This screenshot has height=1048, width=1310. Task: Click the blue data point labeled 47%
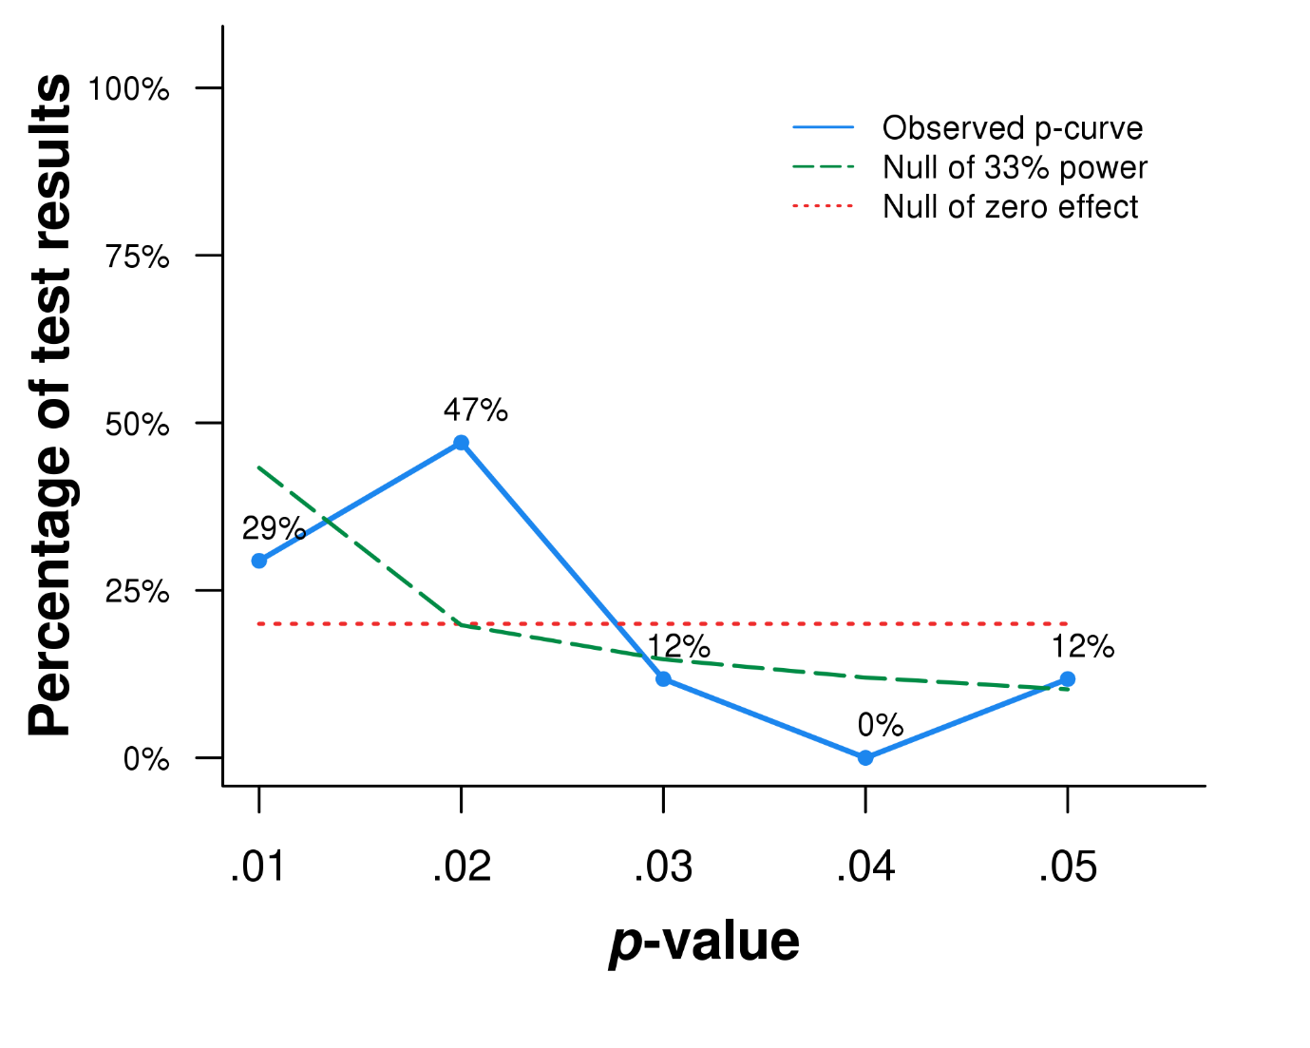pyautogui.click(x=461, y=443)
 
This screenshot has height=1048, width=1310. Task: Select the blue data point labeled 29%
pyautogui.click(x=259, y=561)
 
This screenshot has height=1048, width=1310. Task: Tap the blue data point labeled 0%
pyautogui.click(x=865, y=757)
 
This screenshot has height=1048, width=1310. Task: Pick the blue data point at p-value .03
pyautogui.click(x=663, y=678)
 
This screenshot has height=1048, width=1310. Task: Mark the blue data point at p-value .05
pyautogui.click(x=1068, y=678)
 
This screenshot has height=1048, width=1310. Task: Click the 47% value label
pyautogui.click(x=475, y=410)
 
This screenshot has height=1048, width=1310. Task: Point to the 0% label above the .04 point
pyautogui.click(x=880, y=725)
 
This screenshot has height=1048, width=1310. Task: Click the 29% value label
pyautogui.click(x=274, y=528)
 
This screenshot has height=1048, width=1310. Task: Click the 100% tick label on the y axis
pyautogui.click(x=128, y=89)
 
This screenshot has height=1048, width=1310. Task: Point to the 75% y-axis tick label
pyautogui.click(x=138, y=257)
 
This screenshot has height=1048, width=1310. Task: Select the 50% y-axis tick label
pyautogui.click(x=138, y=424)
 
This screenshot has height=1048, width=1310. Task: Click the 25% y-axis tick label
pyautogui.click(x=138, y=592)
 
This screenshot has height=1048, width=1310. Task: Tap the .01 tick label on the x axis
pyautogui.click(x=257, y=867)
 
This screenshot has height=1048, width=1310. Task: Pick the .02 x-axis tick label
pyautogui.click(x=461, y=867)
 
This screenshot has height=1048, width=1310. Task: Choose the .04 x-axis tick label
pyautogui.click(x=865, y=867)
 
